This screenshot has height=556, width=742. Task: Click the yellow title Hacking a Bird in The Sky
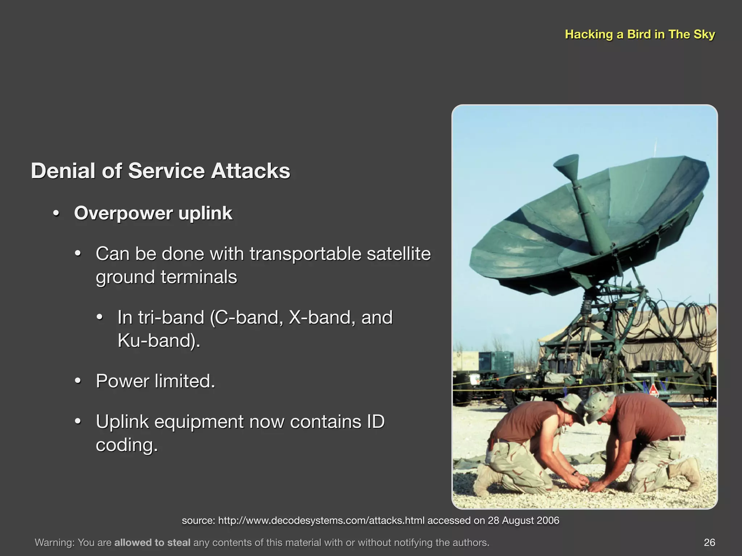pyautogui.click(x=640, y=34)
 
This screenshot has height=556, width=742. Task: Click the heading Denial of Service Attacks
pyautogui.click(x=161, y=171)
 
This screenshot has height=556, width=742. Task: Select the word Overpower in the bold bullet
pyautogui.click(x=123, y=213)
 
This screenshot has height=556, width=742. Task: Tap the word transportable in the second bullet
pyautogui.click(x=305, y=254)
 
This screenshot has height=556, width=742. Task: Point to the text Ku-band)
pyautogui.click(x=159, y=341)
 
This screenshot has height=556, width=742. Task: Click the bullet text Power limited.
pyautogui.click(x=155, y=381)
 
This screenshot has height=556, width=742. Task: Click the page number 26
pyautogui.click(x=709, y=542)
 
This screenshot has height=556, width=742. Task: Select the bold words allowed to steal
pyautogui.click(x=152, y=542)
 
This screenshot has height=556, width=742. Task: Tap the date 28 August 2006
pyautogui.click(x=523, y=521)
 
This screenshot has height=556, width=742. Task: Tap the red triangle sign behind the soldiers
pyautogui.click(x=653, y=390)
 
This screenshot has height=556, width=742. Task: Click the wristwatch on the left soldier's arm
pyautogui.click(x=575, y=473)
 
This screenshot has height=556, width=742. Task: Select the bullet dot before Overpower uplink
pyautogui.click(x=56, y=213)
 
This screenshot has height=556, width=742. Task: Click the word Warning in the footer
pyautogui.click(x=54, y=542)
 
